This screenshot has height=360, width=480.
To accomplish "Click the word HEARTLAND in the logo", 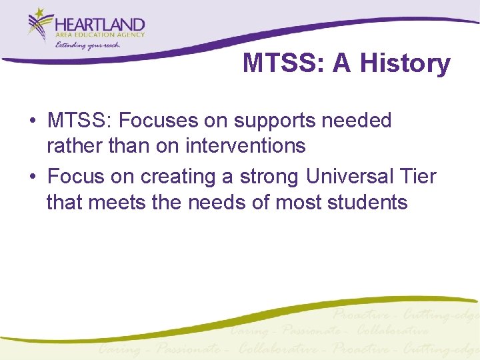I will [x=101, y=25].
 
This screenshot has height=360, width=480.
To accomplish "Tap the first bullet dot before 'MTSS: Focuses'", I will [x=32, y=121].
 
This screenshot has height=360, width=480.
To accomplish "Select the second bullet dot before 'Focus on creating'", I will [x=32, y=177].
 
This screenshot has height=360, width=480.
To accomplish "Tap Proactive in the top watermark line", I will [x=363, y=315].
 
